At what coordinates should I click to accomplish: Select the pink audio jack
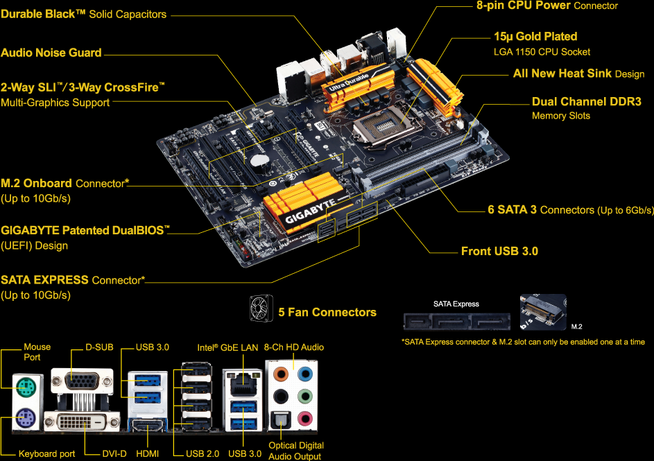pos(303,418)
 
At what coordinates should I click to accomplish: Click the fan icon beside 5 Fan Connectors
pos(259,308)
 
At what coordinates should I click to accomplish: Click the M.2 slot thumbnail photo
pos(543,313)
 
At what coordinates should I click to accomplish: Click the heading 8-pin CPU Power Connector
pos(547,6)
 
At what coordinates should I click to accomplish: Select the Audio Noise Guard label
pos(51,53)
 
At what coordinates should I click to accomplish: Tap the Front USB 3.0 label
pos(499,251)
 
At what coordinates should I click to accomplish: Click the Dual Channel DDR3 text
pos(586,102)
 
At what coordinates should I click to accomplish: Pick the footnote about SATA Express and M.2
pos(523,342)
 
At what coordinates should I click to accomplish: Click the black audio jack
pos(281,397)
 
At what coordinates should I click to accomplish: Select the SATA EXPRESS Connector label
pos(73,280)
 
